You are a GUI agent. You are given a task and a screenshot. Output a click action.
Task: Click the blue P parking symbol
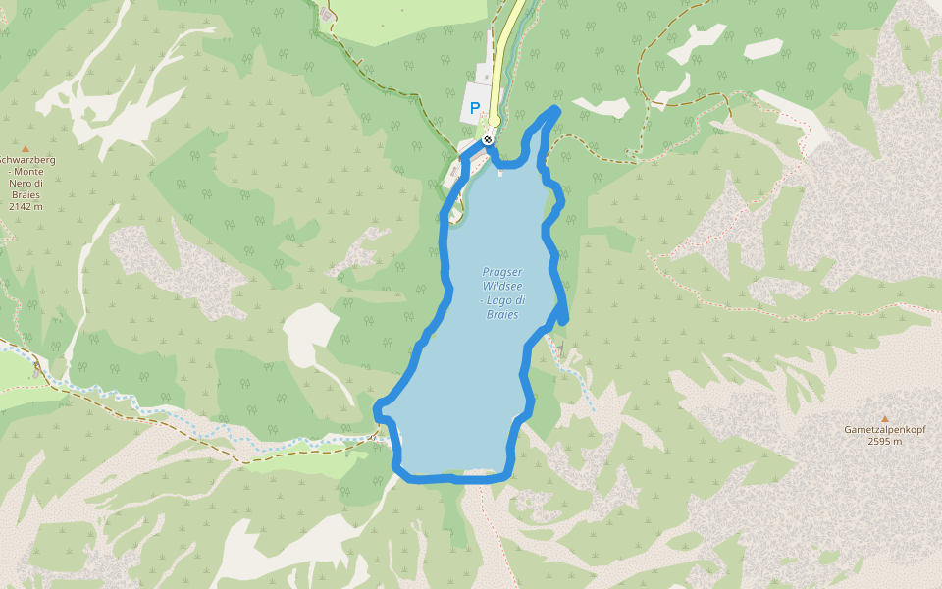coord(475,109)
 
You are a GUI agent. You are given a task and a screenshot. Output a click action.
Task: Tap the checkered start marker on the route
coord(488,140)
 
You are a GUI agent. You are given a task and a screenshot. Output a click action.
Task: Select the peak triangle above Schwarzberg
coord(26,148)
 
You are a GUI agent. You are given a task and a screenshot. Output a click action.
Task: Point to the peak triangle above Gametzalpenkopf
coord(884,418)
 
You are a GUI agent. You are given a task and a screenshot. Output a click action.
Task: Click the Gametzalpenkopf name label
coord(884,430)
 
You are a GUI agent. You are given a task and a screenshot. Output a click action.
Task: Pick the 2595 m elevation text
coord(884,442)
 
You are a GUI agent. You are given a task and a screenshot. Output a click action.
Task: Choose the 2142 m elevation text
coord(26,207)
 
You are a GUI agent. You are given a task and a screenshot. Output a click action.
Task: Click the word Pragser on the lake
coord(502,272)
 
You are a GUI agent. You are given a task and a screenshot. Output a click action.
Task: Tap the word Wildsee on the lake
coord(502,286)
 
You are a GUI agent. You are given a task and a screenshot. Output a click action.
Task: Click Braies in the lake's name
coord(502,314)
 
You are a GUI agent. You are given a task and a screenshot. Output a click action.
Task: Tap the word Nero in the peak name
coord(19,184)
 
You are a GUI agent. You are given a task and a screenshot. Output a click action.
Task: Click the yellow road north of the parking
coord(506,39)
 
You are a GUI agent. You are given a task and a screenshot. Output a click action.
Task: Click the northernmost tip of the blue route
coord(556,109)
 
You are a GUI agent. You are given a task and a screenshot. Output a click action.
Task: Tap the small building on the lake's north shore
coord(500,174)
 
